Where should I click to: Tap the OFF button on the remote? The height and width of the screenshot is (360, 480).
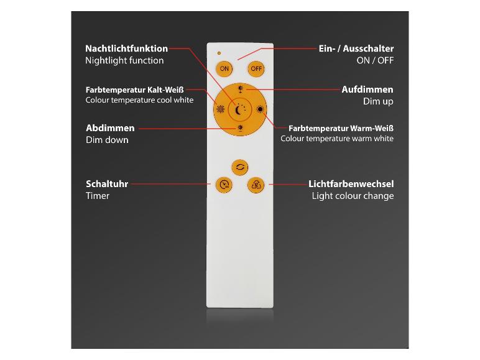(256, 68)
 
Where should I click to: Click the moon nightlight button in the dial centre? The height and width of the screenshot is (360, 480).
(239, 110)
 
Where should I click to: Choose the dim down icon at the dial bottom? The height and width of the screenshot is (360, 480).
(239, 129)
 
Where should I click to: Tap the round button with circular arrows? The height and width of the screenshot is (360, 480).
(239, 167)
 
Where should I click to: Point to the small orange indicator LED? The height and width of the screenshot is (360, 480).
(218, 52)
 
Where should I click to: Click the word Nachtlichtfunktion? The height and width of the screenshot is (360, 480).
(126, 48)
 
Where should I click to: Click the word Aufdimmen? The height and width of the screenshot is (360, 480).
(367, 90)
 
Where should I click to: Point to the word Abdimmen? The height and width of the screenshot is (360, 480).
(110, 128)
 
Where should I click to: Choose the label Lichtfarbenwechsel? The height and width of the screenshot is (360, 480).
(351, 184)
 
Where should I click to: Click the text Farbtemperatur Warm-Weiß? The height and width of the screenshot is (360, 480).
(341, 128)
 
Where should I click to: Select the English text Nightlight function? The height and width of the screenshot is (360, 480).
(124, 60)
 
